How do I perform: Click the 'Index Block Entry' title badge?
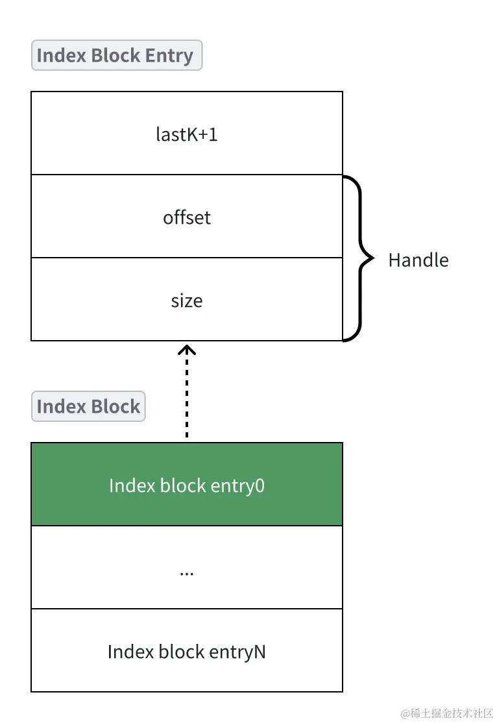117,56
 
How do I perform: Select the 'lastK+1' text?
187,134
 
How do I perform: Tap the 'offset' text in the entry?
187,217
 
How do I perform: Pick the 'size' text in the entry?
187,300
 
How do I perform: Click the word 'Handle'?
418,260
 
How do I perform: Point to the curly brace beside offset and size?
358,258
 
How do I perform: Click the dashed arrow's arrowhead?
187,350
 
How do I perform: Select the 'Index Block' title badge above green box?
88,407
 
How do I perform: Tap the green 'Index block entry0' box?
187,485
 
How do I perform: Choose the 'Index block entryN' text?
187,652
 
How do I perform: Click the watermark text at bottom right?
447,713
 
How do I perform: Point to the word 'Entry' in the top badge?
169,56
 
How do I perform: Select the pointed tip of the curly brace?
372,258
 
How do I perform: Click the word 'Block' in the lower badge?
114,407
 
